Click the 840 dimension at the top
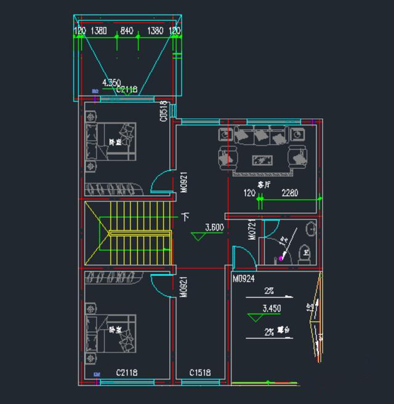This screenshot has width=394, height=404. point(127,30)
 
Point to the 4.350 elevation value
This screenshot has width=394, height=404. point(111,82)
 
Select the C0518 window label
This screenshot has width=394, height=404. point(164,111)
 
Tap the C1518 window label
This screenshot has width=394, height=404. point(200,373)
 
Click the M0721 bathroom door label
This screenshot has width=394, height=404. point(252,230)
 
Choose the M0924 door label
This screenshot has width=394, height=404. point(244,279)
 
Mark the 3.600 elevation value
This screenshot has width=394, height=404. point(214,226)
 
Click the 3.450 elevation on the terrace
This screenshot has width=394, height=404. point(271,307)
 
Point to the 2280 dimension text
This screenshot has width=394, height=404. point(289,193)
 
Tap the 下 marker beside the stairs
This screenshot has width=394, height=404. point(185,217)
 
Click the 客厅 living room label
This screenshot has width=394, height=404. point(264,184)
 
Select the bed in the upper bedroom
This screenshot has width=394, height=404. point(115,143)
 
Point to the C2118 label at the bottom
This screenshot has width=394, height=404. point(126,373)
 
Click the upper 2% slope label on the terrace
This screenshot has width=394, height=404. point(269,290)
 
